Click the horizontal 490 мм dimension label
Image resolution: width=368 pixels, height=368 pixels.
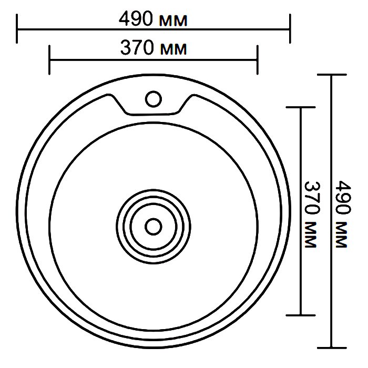point(153,19)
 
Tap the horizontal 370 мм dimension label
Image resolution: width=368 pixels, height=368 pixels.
point(154,48)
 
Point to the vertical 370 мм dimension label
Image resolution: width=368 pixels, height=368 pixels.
point(312,214)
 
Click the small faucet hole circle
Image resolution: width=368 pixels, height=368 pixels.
point(154,99)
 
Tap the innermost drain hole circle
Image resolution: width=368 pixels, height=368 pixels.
point(154,227)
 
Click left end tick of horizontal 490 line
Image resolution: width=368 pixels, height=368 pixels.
point(17,28)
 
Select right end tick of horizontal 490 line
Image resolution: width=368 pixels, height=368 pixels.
point(290,28)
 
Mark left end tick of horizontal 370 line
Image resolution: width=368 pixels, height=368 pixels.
point(49,60)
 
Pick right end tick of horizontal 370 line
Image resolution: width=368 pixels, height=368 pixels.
point(258,60)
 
